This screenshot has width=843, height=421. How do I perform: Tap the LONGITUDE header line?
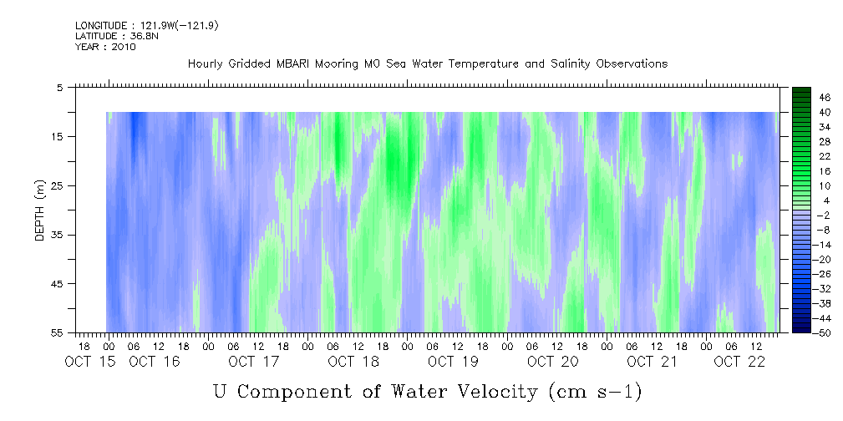146,25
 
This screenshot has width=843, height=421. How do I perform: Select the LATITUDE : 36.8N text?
116,36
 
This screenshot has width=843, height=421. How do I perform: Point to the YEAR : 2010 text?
105,47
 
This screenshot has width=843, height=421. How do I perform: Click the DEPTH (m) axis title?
40,210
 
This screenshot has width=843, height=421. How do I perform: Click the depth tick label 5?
60,87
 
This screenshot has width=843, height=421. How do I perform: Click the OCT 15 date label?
89,362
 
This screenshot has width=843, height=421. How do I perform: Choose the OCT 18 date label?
353,362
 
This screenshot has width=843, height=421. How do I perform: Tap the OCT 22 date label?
739,362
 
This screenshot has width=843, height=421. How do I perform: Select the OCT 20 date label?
553,362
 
